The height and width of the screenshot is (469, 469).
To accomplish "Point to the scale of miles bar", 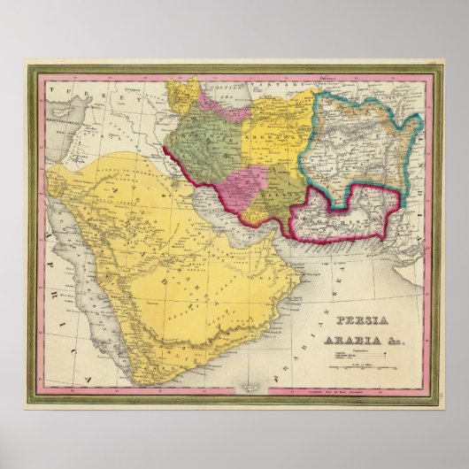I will click(363, 366).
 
